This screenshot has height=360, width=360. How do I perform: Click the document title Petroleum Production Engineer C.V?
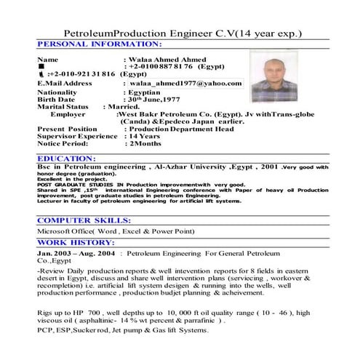[183, 34]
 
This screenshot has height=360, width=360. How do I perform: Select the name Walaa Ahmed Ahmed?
[167, 59]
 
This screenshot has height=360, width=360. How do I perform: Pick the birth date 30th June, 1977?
[157, 100]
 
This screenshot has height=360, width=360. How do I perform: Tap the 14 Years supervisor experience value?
[145, 136]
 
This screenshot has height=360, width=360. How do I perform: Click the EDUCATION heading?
[65, 158]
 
